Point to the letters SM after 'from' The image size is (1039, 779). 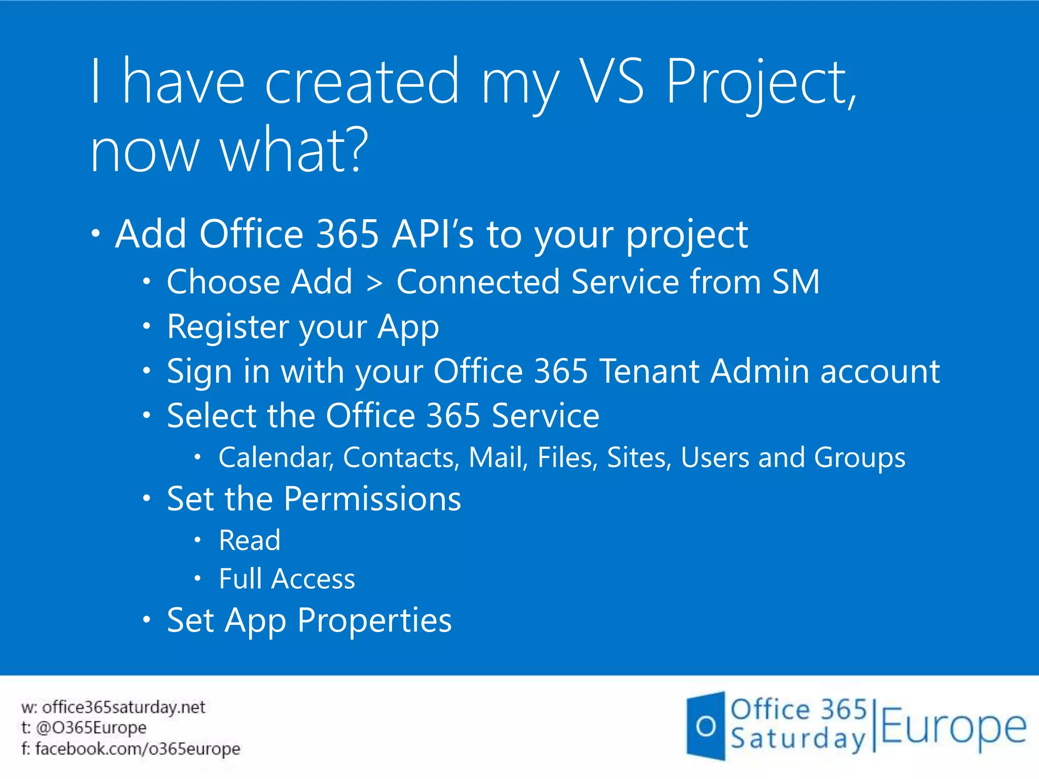[795, 282]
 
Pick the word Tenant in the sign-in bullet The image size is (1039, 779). [649, 371]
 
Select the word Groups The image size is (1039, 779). [859, 458]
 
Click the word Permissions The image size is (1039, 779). [372, 499]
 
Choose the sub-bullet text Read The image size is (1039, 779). [250, 540]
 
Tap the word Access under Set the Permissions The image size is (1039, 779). [313, 579]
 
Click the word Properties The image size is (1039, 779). [374, 620]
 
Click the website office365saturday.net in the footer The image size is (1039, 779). [124, 707]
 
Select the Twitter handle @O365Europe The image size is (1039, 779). [91, 728]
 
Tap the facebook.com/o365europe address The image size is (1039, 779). [137, 749]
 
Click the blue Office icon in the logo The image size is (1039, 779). [706, 726]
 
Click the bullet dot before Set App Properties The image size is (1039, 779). [147, 619]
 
